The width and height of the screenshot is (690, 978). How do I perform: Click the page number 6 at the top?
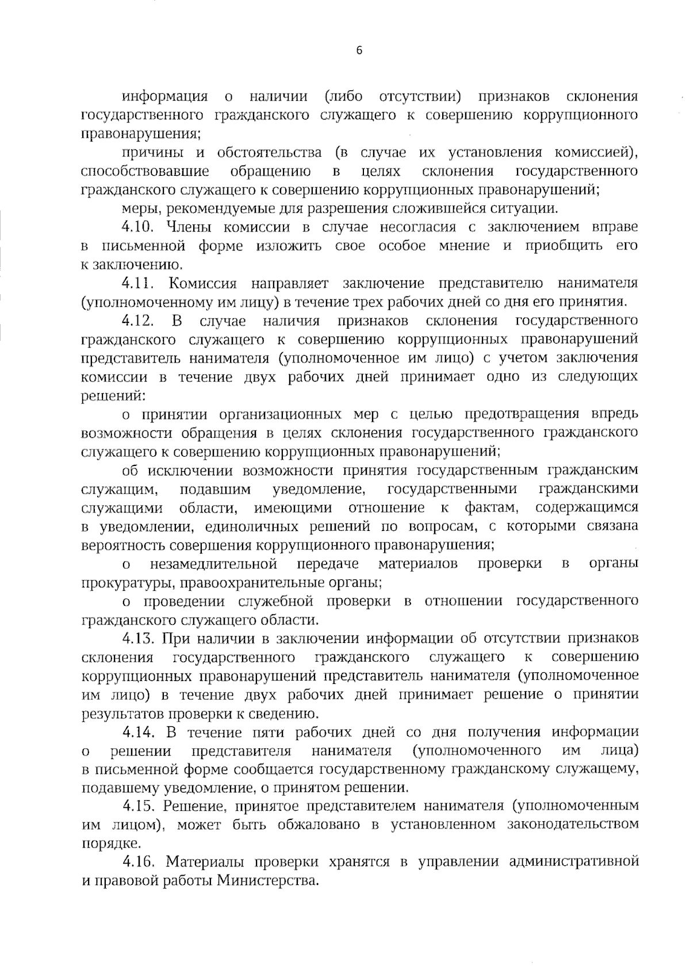coord(359,51)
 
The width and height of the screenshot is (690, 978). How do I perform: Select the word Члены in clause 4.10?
coord(189,227)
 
